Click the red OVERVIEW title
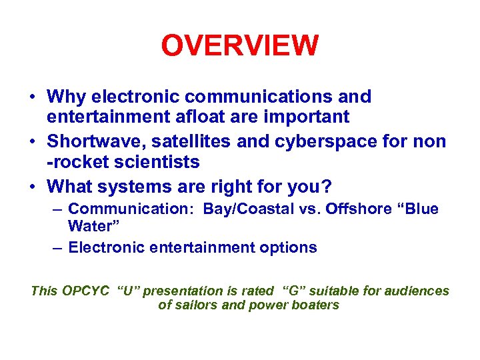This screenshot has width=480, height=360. (240, 46)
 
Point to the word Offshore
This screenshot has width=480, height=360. (356, 209)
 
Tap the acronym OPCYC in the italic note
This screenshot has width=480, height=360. (86, 291)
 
